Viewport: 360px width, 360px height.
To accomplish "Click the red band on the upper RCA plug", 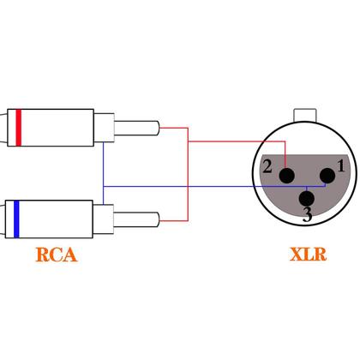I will (18, 129).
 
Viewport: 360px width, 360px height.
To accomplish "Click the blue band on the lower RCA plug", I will (18, 218).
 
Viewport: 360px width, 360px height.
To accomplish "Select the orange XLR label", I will (308, 255).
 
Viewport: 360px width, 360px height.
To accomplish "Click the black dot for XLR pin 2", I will (285, 176).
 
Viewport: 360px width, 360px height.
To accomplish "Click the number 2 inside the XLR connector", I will (267, 168).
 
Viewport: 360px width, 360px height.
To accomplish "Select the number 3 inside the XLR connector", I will (307, 215).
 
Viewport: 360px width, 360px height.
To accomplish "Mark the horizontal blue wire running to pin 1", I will (214, 186).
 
